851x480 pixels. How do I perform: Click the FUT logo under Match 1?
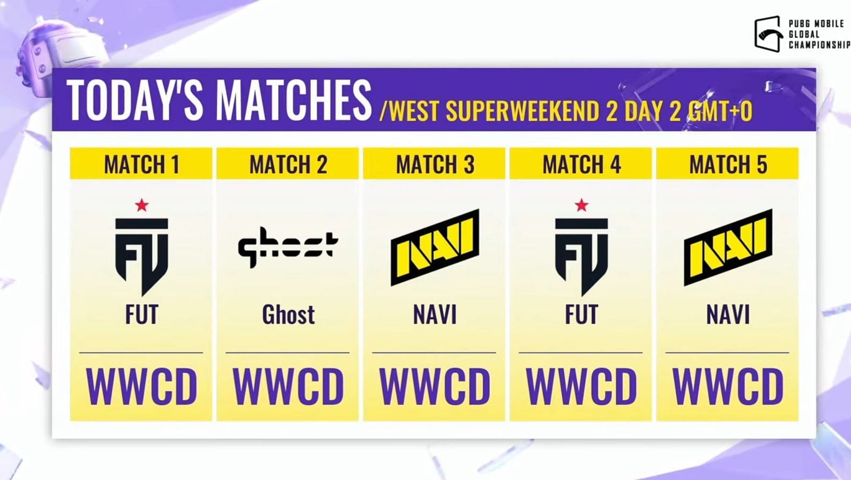click(x=141, y=257)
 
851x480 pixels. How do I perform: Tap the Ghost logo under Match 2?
click(x=288, y=247)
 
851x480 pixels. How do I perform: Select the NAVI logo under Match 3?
click(x=435, y=247)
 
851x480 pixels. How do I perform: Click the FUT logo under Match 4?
click(x=581, y=257)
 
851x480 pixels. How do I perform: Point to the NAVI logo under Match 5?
click(x=728, y=247)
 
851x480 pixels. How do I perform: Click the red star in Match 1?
click(x=141, y=205)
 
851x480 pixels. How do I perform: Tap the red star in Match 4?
click(x=581, y=205)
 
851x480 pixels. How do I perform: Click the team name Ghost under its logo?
click(x=288, y=315)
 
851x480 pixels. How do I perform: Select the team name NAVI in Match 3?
click(x=435, y=315)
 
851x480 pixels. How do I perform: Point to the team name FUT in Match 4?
click(x=581, y=315)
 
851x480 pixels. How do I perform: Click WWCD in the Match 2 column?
click(x=288, y=386)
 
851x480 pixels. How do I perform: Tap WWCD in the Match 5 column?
click(x=728, y=386)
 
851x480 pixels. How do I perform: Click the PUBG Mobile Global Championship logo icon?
click(x=768, y=33)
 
